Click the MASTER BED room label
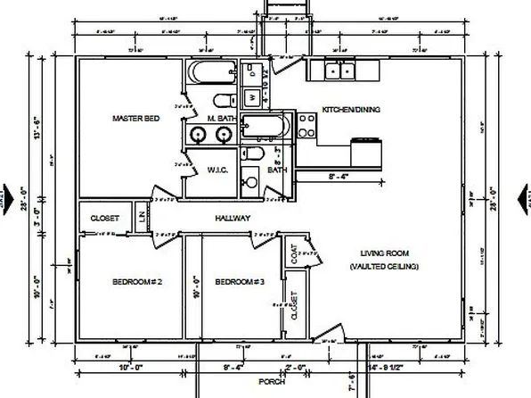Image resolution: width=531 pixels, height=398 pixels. tap(135, 118)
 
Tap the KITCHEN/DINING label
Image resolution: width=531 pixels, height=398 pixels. tap(351, 110)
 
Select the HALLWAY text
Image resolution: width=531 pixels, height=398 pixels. tap(233, 218)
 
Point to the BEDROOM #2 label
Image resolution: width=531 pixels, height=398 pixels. tap(135, 282)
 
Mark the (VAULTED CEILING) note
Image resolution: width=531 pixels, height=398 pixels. tap(384, 267)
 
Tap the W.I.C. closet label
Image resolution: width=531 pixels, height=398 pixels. tap(218, 170)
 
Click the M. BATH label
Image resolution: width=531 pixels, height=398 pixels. tap(220, 118)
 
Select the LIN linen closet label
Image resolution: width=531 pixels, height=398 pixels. tap(143, 215)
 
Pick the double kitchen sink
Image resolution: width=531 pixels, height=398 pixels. tap(342, 70)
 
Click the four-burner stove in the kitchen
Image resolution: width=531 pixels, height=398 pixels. tap(307, 126)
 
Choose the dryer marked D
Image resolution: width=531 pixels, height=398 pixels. tap(252, 70)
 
